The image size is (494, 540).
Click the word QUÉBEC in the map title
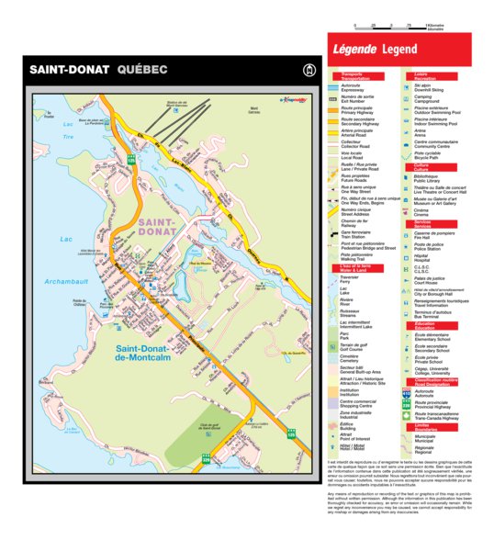[x=142, y=70]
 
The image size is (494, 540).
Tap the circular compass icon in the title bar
[x=308, y=70]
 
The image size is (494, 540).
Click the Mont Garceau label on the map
[x=253, y=110]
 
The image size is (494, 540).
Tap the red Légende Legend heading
[x=374, y=48]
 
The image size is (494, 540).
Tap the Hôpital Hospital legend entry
[x=426, y=258]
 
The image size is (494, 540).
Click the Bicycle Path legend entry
[x=432, y=155]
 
